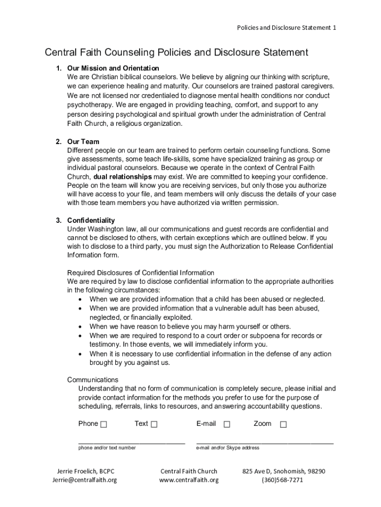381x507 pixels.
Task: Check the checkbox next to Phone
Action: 103,424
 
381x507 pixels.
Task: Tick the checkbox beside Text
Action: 154,424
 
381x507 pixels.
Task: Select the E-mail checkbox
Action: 227,424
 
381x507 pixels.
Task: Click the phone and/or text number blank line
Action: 132,441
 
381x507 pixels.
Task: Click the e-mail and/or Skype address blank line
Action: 265,441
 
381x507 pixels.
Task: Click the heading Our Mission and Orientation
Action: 113,68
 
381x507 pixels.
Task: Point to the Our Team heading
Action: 83,142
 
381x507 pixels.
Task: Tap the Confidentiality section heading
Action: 91,220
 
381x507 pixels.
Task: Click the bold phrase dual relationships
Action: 123,177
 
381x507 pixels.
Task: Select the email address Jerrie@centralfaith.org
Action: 85,480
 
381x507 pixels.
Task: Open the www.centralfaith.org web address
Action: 189,480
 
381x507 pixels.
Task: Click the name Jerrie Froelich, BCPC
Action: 85,471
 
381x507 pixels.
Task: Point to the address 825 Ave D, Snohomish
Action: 284,471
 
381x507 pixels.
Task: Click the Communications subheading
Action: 93,380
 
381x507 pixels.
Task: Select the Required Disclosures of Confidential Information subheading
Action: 141,273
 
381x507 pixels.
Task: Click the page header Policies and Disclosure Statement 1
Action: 286,28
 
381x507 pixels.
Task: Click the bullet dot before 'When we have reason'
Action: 81,327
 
